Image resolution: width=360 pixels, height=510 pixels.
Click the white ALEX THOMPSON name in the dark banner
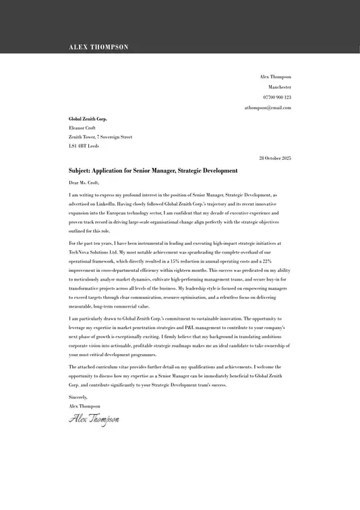coord(98,47)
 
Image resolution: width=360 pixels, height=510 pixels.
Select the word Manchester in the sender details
coord(280,87)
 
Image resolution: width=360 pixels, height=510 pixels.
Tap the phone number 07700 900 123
coord(278,97)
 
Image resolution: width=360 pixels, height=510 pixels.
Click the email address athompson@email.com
coord(268,107)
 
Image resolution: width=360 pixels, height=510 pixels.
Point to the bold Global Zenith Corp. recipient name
coord(88,119)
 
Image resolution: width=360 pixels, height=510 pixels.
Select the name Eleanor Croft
coord(82,128)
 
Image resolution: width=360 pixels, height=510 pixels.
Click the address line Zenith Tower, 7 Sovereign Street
coord(100,137)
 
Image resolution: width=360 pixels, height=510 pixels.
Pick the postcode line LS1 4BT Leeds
coord(84,146)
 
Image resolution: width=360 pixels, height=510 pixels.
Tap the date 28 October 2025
coord(275,158)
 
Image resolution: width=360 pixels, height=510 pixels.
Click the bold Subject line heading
coord(153,171)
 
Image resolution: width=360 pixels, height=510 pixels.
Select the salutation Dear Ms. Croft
coord(84,182)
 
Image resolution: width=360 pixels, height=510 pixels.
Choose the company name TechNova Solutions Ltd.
coord(93,252)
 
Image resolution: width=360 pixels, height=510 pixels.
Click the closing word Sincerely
coord(78,397)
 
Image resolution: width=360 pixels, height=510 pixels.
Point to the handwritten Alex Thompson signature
coord(94,419)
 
